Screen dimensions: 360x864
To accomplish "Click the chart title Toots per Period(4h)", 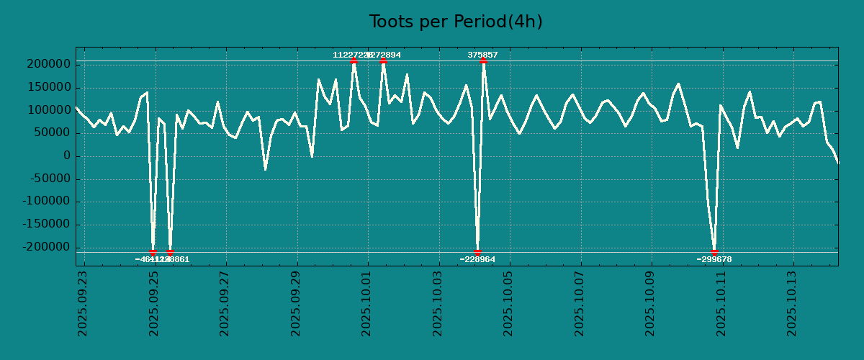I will [x=456, y=22].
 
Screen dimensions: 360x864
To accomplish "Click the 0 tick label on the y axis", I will [x=66, y=156].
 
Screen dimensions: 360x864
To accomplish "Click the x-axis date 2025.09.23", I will [x=83, y=303].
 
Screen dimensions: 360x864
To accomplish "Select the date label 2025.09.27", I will [x=225, y=303].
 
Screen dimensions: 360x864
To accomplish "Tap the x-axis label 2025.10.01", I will [x=367, y=303].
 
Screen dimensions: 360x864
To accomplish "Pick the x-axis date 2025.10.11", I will [x=722, y=303].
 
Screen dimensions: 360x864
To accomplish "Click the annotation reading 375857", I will [x=482, y=55].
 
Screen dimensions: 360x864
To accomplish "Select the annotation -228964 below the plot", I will [x=477, y=259].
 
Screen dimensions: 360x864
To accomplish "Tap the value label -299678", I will [x=714, y=259].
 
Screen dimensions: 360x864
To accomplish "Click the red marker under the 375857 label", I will [x=483, y=61].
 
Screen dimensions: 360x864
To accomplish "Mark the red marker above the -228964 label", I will [x=477, y=252].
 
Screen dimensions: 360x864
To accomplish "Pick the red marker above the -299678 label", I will [x=714, y=252].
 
